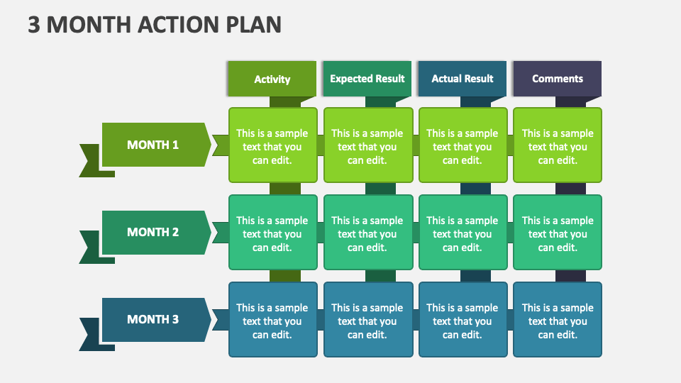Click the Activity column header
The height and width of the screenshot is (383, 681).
click(x=272, y=79)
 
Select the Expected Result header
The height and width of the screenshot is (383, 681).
click(x=367, y=79)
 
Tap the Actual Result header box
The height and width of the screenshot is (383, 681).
click(x=462, y=79)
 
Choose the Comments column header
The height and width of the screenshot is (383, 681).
click(x=558, y=79)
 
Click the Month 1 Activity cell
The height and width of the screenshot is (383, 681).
click(x=272, y=145)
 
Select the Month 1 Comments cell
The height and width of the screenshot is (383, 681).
click(x=558, y=145)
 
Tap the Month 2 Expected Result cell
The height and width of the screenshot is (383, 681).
click(x=368, y=233)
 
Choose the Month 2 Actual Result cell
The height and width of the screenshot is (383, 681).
click(x=463, y=233)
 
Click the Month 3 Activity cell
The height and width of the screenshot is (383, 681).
click(x=272, y=320)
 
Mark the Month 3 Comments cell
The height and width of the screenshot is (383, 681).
click(x=558, y=320)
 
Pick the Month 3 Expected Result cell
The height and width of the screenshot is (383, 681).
click(x=368, y=320)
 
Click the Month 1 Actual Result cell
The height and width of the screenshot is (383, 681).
click(x=463, y=145)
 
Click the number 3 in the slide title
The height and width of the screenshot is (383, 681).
click(x=34, y=25)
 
